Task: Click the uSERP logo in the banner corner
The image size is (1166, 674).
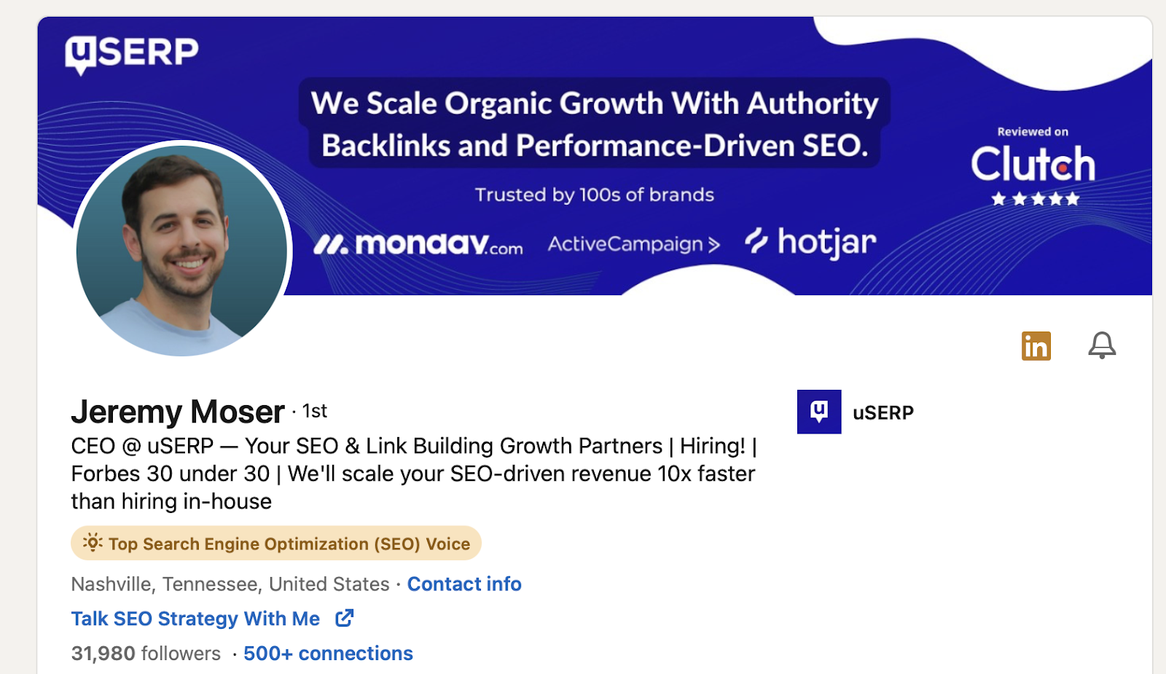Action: [x=132, y=54]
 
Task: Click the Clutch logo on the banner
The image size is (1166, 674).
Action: [x=1033, y=163]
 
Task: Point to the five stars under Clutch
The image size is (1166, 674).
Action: [x=1036, y=199]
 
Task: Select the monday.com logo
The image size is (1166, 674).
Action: [x=418, y=243]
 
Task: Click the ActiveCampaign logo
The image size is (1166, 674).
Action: [x=633, y=243]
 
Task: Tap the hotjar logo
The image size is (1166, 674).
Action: [x=810, y=243]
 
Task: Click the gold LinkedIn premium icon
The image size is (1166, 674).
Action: [x=1036, y=345]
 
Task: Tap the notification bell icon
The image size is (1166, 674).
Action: [x=1102, y=345]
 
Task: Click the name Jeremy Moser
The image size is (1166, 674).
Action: [x=178, y=412]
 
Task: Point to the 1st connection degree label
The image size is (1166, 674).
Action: [x=314, y=411]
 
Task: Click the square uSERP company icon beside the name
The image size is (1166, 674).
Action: [x=819, y=412]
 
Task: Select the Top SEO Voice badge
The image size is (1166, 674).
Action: [x=276, y=544]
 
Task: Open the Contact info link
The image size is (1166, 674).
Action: [x=464, y=584]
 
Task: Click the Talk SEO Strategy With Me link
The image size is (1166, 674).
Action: [x=195, y=619]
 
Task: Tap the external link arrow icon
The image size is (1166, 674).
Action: [x=344, y=619]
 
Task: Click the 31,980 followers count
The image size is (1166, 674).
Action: [x=146, y=653]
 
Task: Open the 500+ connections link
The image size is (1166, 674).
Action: [x=328, y=653]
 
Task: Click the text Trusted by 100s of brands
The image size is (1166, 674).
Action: [x=595, y=195]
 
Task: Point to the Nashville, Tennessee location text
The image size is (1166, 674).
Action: [x=230, y=584]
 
